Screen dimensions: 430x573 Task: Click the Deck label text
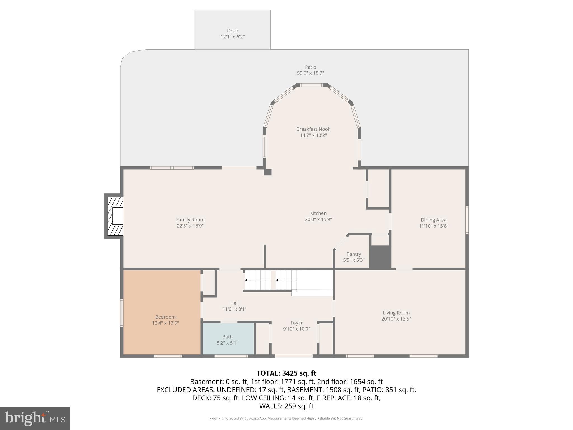pos(232,31)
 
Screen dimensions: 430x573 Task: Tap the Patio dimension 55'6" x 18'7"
pos(310,73)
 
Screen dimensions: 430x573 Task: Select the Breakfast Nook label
pos(313,129)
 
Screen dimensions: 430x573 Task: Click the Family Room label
pos(190,220)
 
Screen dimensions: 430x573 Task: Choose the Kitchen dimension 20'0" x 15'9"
pos(318,219)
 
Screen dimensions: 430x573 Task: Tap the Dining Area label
pos(433,220)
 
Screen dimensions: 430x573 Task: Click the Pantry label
pos(354,254)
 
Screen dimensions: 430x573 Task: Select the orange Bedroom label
pos(165,317)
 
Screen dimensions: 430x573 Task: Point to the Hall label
pos(234,303)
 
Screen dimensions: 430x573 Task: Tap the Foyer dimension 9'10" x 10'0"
pos(296,329)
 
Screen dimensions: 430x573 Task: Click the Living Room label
pos(396,313)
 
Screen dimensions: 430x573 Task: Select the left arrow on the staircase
pos(246,280)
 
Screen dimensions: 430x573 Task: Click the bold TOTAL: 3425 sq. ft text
pos(286,373)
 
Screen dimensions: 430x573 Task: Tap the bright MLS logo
pos(35,418)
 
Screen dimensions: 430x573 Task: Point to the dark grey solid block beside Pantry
pos(380,257)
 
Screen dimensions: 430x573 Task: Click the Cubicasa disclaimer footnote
pos(286,419)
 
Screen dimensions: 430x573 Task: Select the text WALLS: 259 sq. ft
pos(286,406)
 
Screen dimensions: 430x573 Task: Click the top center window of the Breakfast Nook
pos(311,85)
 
